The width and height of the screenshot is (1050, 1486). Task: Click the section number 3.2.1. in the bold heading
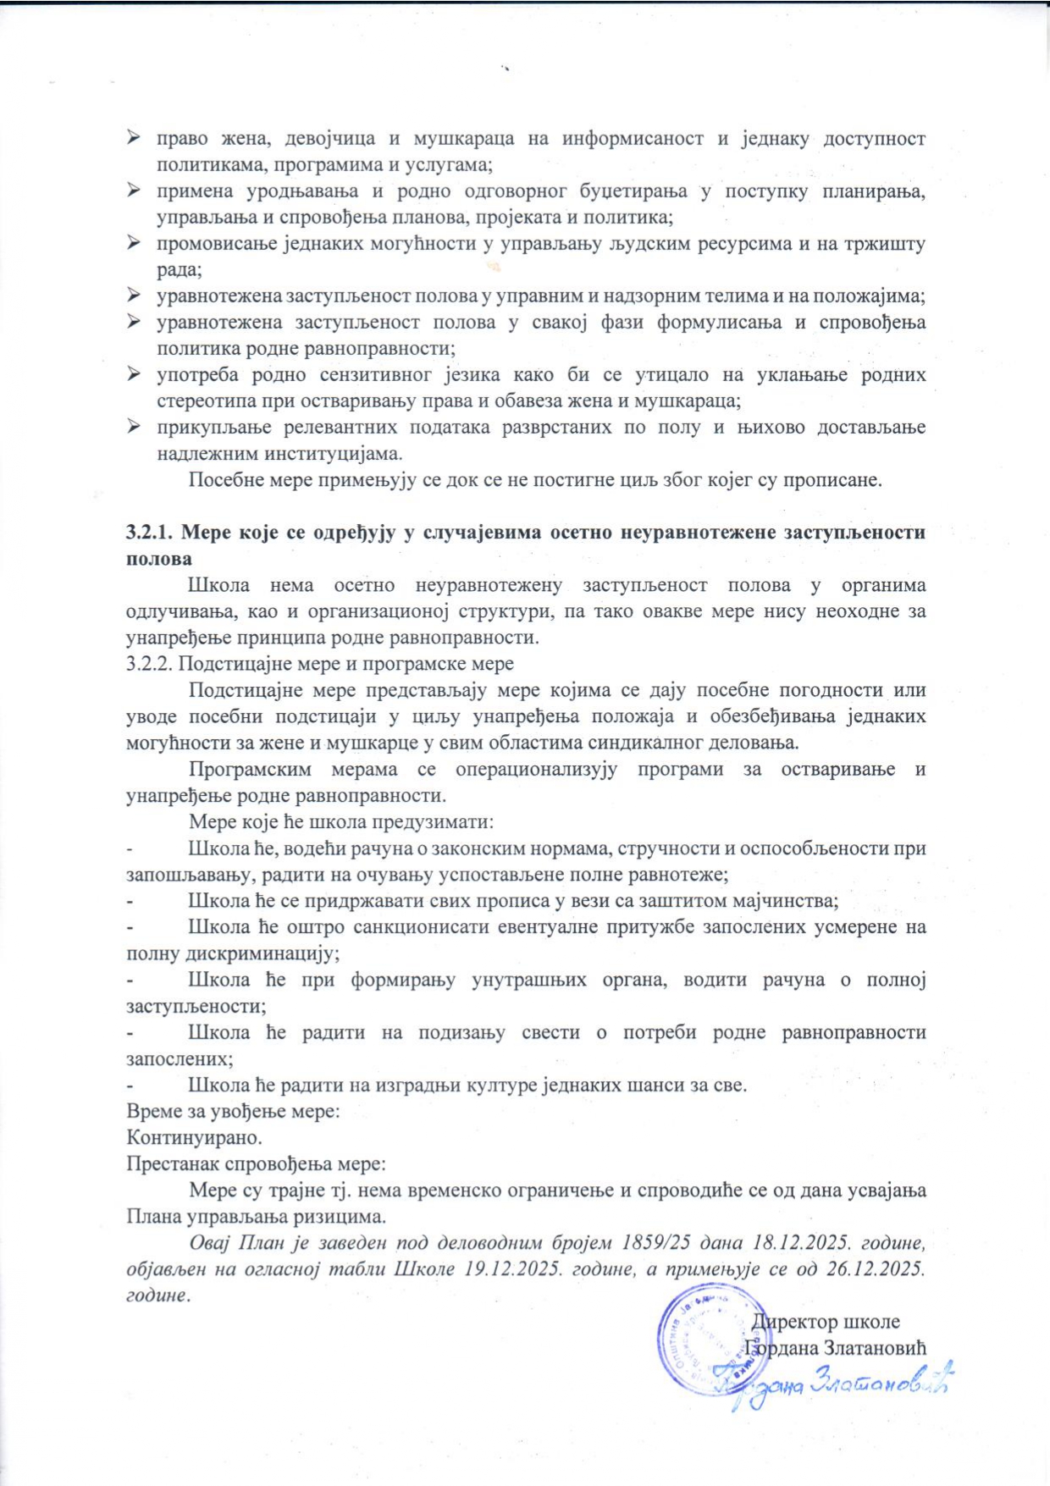pos(150,533)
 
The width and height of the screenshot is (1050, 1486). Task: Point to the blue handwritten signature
pos(834,1384)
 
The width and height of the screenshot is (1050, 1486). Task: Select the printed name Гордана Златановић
pos(835,1348)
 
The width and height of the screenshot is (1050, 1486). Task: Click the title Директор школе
pos(826,1322)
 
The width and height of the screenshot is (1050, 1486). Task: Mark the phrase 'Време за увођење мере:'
pos(234,1111)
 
